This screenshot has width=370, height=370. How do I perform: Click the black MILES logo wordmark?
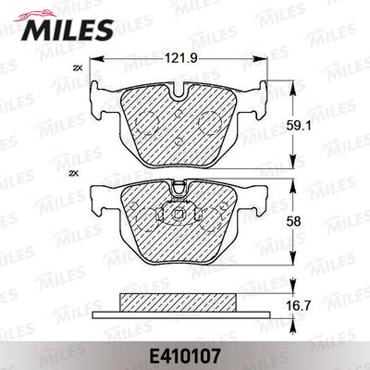tap(68, 30)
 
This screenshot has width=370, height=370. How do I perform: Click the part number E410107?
tap(185, 356)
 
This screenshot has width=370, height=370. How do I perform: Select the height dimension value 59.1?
tap(294, 126)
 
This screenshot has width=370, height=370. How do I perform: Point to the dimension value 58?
tap(293, 221)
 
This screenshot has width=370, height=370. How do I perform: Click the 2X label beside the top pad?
tap(78, 68)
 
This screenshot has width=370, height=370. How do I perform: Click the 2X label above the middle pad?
tap(76, 174)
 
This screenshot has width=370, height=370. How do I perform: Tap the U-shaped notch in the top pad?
tap(179, 92)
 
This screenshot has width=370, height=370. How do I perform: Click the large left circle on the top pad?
tap(147, 123)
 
